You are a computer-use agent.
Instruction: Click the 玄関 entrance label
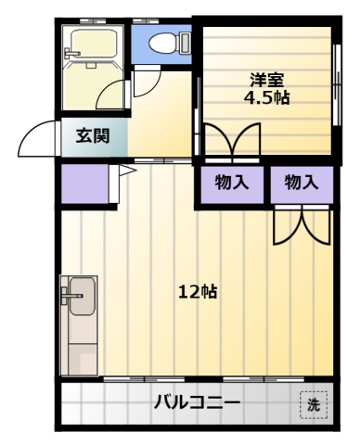click(92, 136)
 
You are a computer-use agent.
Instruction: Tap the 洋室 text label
click(266, 79)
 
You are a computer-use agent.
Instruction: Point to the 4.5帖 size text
click(266, 96)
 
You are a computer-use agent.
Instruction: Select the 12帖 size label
click(198, 291)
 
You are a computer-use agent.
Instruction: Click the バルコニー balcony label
click(197, 403)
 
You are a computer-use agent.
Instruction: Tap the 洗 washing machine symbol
click(314, 404)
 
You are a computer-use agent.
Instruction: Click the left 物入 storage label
click(231, 183)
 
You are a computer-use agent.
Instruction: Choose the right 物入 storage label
click(302, 183)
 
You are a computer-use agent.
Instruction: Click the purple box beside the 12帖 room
click(84, 185)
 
